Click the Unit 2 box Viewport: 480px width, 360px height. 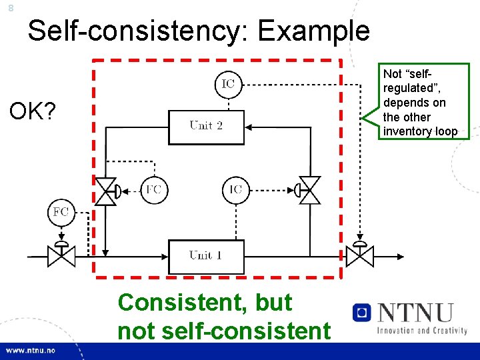pos(206,126)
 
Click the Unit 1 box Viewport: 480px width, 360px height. pos(206,256)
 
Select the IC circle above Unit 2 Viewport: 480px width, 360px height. pos(228,84)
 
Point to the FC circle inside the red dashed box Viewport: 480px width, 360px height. pos(153,189)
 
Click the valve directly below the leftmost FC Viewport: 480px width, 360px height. pos(61,255)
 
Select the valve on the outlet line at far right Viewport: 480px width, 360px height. pos(360,255)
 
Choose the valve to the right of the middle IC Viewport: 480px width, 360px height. pos(309,191)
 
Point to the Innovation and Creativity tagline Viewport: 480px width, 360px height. pos(421,330)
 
